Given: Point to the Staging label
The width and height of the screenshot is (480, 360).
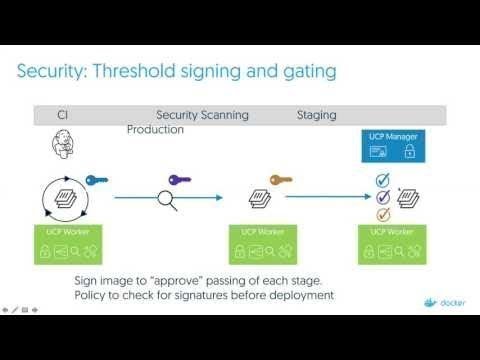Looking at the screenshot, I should [x=316, y=116].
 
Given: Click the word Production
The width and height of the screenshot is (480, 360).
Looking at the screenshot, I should [x=155, y=130].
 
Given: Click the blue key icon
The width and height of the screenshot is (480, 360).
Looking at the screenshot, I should [x=96, y=181].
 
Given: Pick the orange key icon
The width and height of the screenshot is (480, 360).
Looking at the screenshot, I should [x=281, y=181].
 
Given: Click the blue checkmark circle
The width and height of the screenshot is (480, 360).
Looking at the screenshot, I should [x=381, y=180].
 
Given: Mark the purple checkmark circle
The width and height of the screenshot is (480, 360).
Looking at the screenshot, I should [x=381, y=197].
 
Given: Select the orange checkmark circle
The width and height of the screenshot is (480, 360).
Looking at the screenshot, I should [x=381, y=214].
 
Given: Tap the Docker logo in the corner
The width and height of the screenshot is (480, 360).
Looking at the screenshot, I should [x=441, y=300].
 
